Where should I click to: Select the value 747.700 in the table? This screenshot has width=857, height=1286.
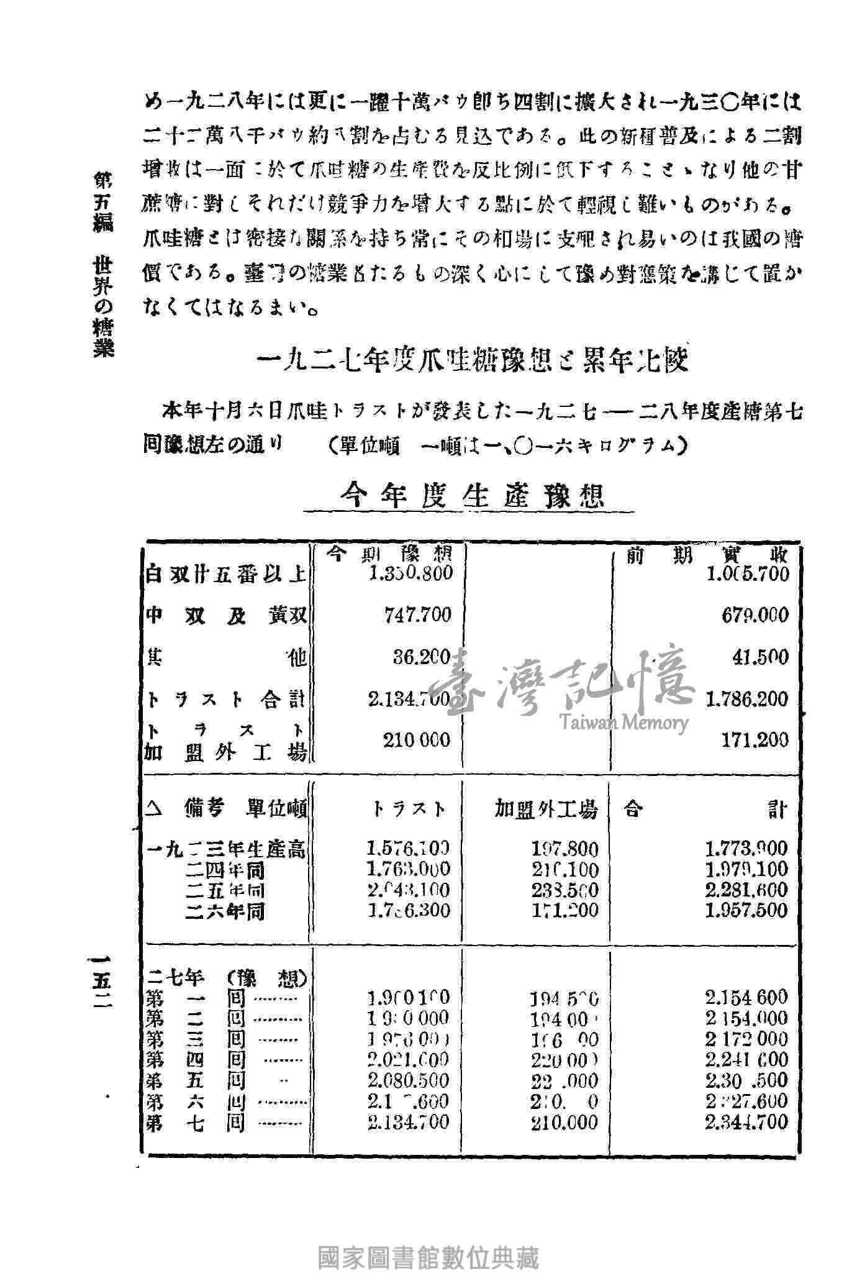tap(417, 615)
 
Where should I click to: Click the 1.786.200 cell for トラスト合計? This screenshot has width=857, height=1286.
tap(747, 699)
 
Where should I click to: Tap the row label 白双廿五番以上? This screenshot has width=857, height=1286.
tap(225, 574)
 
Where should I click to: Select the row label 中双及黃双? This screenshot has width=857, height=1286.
tap(225, 615)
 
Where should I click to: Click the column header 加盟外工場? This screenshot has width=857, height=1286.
tap(546, 809)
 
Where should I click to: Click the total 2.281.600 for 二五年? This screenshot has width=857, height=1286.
tap(746, 890)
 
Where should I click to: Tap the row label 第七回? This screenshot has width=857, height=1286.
tap(195, 1123)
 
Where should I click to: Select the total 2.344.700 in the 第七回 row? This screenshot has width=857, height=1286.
tap(746, 1122)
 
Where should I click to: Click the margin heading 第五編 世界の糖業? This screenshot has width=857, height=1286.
tap(101, 264)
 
